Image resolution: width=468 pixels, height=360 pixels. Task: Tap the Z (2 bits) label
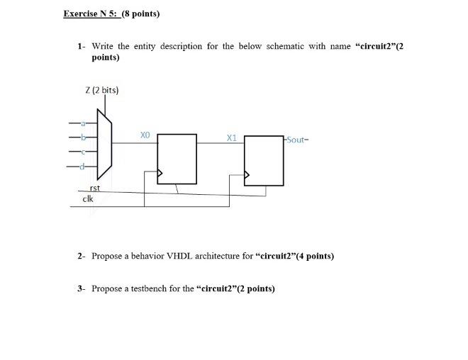pos(101,90)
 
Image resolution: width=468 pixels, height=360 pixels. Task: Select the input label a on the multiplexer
pos(83,125)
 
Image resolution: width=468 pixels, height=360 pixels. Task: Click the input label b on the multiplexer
pos(83,137)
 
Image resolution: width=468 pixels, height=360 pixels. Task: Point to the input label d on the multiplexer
pos(83,167)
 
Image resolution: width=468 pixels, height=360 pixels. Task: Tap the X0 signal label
pos(145,134)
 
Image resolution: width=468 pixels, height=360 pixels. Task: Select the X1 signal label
pos(231,137)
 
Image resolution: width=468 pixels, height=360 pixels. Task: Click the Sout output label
pos(296,140)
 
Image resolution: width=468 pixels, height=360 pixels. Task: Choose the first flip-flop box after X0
pos(177,159)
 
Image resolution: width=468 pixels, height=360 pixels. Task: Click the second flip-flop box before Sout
pos(264,161)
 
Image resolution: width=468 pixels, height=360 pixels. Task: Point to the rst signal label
pos(95,188)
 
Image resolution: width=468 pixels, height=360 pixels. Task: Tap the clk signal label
pos(88,198)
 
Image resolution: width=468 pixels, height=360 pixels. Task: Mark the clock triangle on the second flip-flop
pos(247,174)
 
